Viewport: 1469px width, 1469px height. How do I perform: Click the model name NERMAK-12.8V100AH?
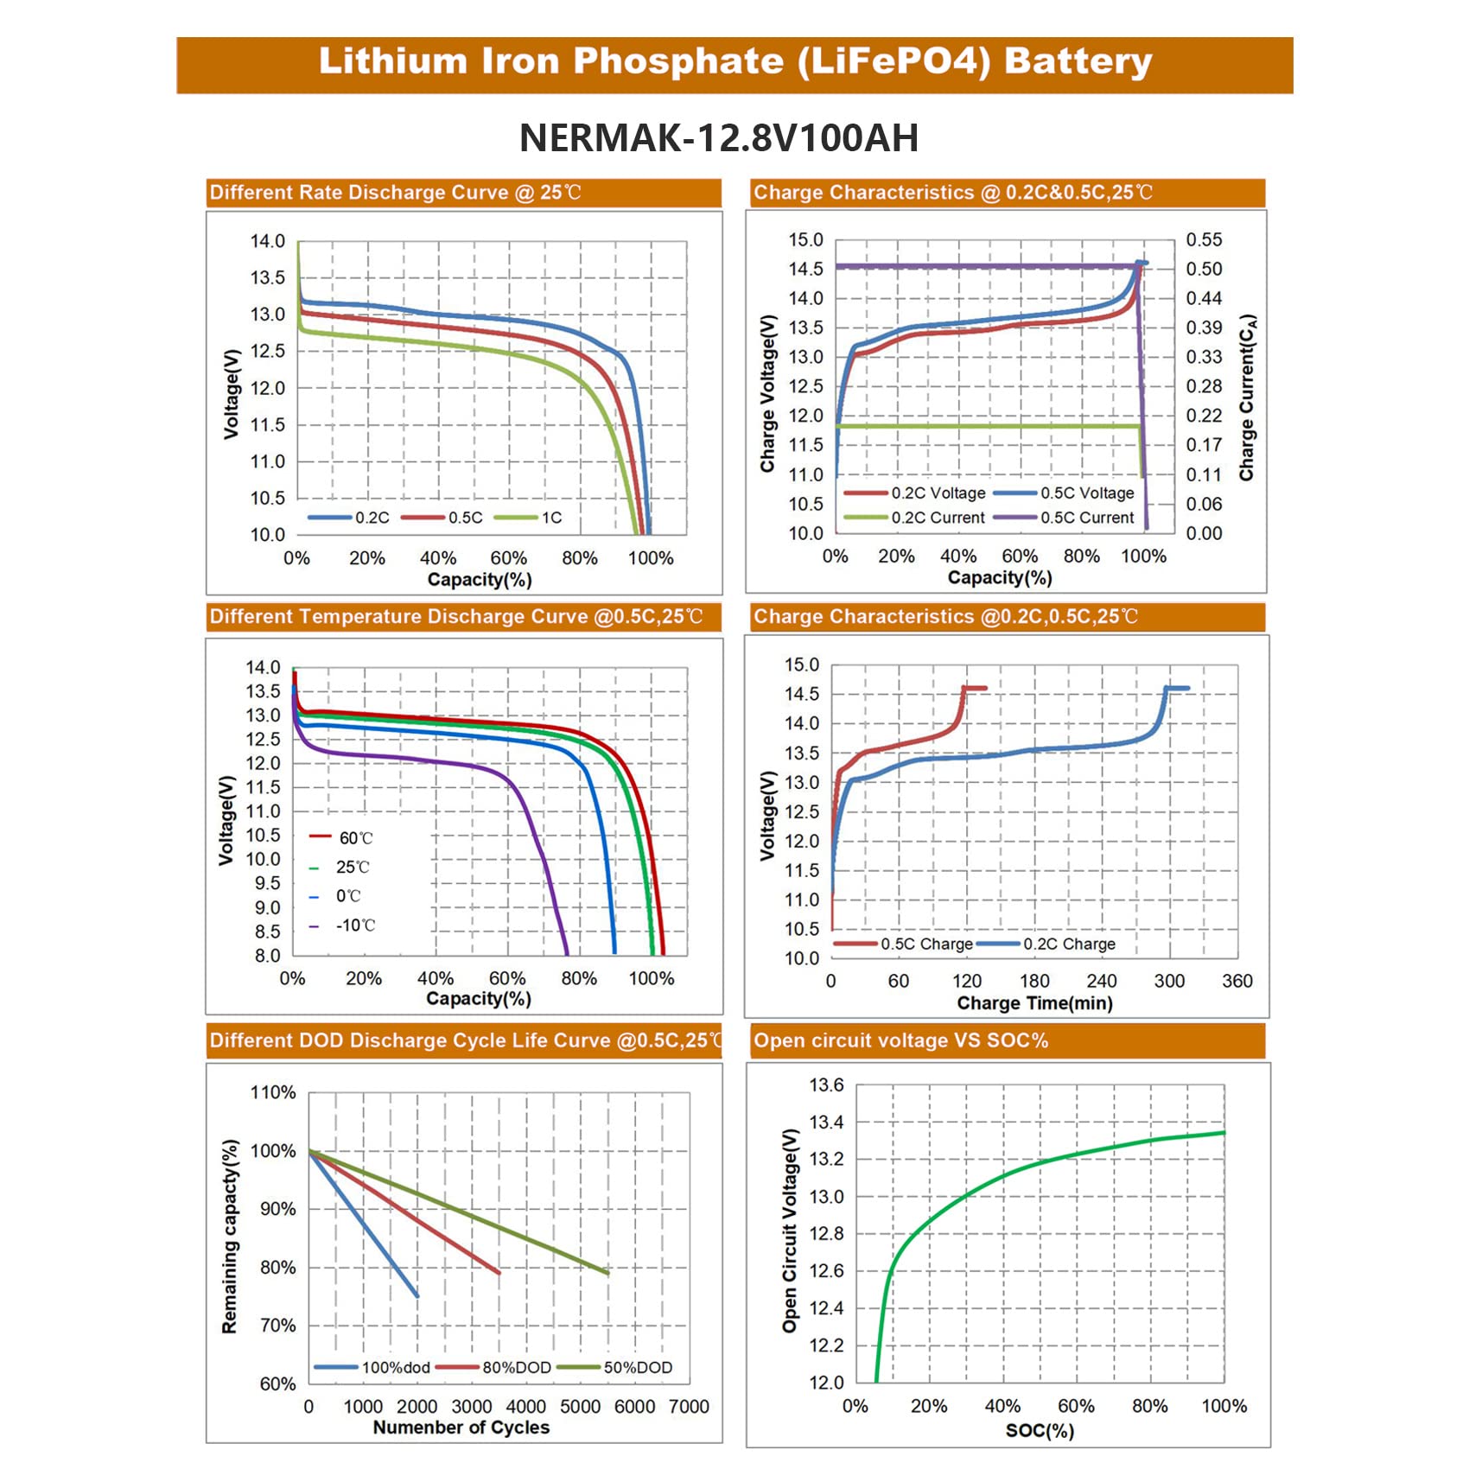(719, 138)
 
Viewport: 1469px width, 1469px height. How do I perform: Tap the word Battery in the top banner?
(1078, 61)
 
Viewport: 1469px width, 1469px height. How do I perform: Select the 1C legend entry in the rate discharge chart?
(551, 518)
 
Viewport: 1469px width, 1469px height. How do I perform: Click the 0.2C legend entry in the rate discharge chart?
(372, 518)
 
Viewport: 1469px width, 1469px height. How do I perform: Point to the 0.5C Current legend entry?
(1086, 518)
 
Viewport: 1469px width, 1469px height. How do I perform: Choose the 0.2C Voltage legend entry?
(938, 493)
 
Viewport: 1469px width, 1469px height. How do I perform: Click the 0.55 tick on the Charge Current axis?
(1204, 240)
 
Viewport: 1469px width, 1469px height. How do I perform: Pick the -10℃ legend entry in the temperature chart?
(355, 925)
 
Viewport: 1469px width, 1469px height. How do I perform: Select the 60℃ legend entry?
(355, 838)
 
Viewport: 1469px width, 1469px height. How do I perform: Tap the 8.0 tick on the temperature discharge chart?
(267, 956)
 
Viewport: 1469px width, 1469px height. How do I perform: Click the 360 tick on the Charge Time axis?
(1237, 981)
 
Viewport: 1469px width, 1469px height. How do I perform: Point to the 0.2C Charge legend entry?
(1069, 944)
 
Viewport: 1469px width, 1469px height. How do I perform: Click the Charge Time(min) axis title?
(1034, 1003)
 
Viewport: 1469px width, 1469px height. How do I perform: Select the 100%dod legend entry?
(395, 1368)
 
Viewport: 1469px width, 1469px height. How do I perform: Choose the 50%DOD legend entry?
(637, 1368)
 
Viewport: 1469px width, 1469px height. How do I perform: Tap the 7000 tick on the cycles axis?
(689, 1407)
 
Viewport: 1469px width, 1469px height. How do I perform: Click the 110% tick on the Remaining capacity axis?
(273, 1092)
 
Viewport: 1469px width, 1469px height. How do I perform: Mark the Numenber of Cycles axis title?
(461, 1428)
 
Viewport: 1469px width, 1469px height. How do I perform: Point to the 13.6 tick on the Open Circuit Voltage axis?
(826, 1085)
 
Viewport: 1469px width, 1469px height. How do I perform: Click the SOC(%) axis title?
(1040, 1431)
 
